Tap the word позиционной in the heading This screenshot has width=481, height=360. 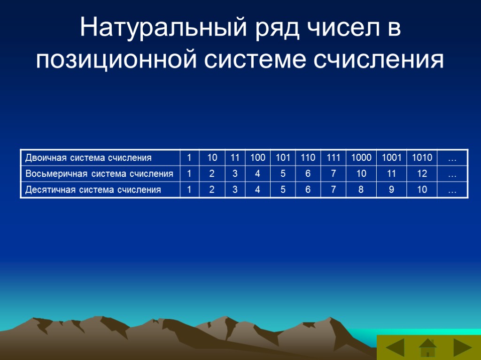(x=116, y=60)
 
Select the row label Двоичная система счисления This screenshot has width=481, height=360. (x=89, y=157)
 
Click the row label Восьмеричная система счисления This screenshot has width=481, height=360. (x=99, y=174)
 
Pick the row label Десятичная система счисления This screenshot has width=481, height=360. (x=93, y=190)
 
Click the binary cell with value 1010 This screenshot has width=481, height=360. (x=422, y=157)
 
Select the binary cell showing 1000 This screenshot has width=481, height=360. (x=361, y=157)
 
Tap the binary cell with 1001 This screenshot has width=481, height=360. (x=391, y=157)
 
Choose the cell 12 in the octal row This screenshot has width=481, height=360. (x=422, y=174)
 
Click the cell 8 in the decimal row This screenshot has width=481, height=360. (x=361, y=190)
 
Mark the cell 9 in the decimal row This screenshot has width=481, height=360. (x=391, y=190)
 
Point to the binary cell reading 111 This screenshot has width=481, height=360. (x=333, y=157)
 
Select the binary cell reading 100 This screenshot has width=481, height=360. (x=257, y=157)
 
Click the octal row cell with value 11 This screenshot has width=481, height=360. (x=391, y=174)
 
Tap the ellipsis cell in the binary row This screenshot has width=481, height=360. (x=452, y=157)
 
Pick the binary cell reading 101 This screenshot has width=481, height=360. (x=283, y=157)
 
